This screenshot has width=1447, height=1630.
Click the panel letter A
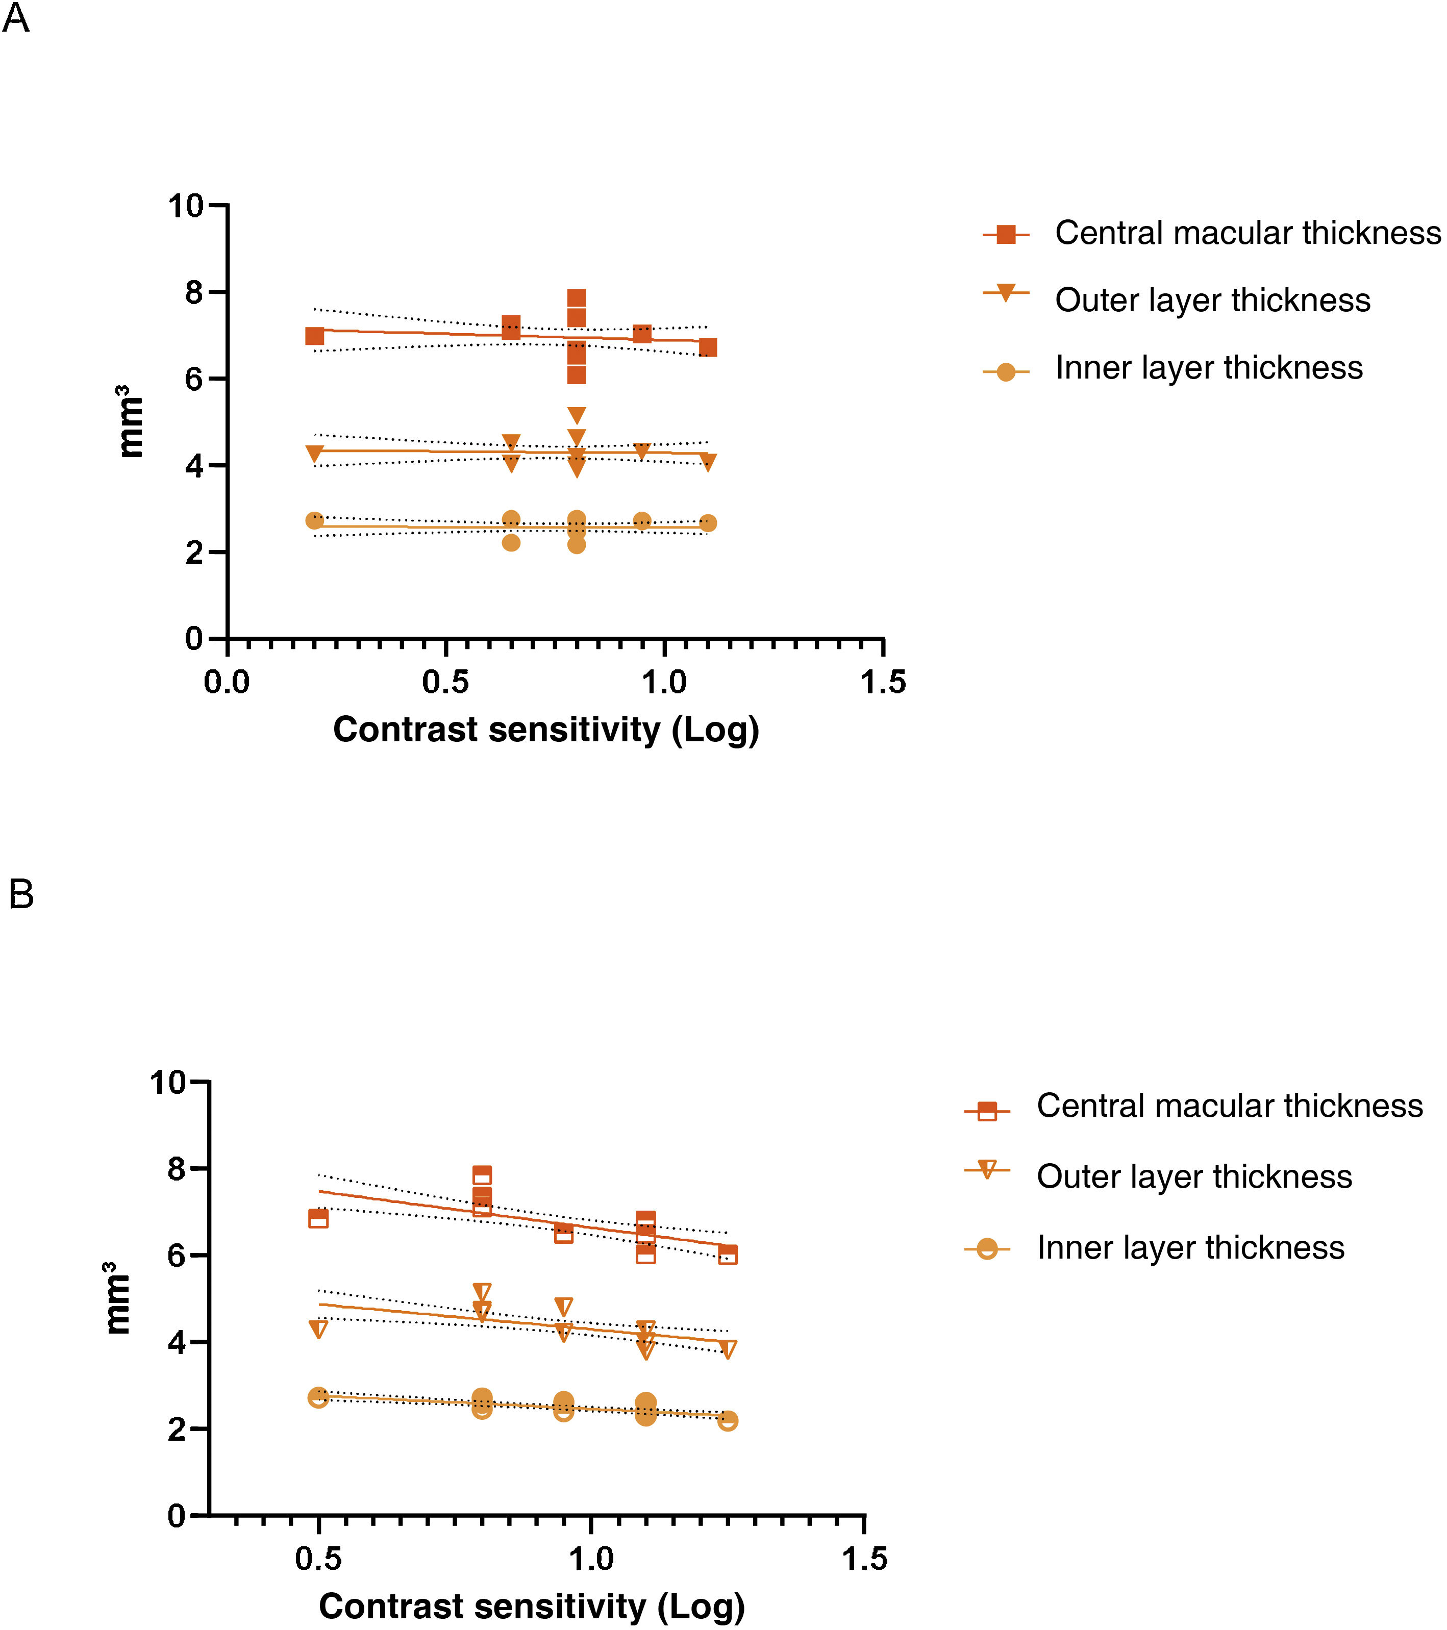tap(16, 17)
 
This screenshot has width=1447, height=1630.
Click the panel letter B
tap(21, 895)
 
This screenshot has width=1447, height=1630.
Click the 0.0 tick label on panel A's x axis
tap(227, 683)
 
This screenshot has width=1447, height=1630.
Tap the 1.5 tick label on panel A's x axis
tap(883, 683)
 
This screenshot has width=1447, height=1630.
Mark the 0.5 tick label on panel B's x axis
tap(318, 1559)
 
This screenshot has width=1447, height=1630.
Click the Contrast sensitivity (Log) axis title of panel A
tap(545, 730)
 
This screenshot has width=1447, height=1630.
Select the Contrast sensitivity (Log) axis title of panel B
tap(531, 1606)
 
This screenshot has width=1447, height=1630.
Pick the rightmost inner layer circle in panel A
tap(708, 523)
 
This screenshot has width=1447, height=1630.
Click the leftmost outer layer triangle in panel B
tap(318, 1328)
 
